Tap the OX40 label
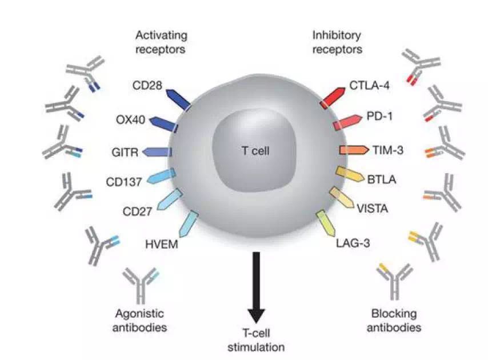pos(131,120)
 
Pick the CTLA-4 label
pos(370,87)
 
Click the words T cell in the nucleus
pos(255,151)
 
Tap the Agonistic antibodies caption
pos(139,321)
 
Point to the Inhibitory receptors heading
pos(337,42)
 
